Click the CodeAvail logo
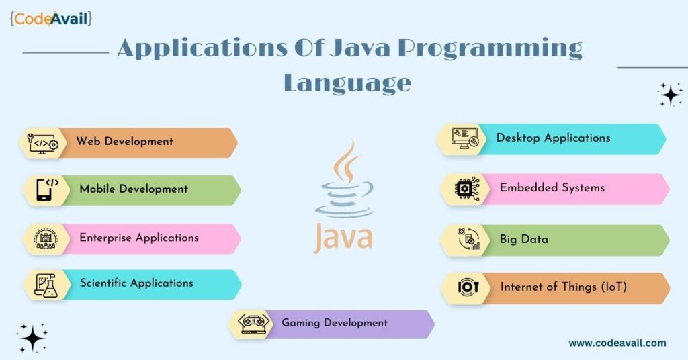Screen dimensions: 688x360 coord(51,19)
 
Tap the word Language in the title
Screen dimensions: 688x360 coord(347,83)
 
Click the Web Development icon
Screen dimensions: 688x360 coord(42,143)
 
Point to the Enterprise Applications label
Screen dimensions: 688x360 coord(139,238)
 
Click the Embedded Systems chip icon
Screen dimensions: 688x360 coord(466,189)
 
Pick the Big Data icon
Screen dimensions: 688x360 coord(468,239)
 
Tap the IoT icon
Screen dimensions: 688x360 coord(468,287)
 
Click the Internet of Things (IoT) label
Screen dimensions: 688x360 coord(564,287)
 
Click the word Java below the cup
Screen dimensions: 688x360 coord(343,238)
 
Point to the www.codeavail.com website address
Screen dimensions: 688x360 coord(617,343)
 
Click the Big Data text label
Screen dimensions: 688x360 coord(524,239)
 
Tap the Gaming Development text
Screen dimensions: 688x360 coord(335,323)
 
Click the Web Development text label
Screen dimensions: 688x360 coord(124,141)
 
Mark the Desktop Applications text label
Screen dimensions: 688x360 coord(554,138)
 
